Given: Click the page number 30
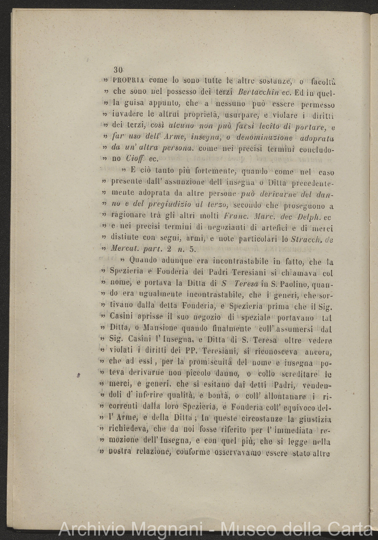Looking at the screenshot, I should [x=118, y=70].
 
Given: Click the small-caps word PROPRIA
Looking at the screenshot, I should [x=129, y=81].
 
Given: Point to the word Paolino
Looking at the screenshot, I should [x=284, y=284].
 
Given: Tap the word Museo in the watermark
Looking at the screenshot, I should [x=247, y=529].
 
